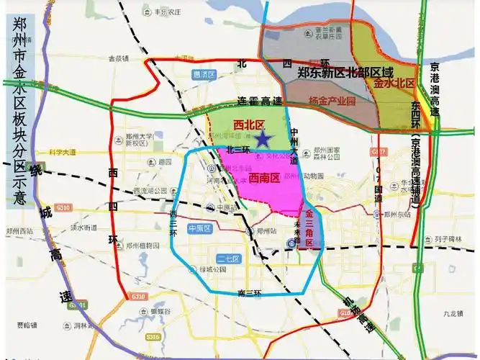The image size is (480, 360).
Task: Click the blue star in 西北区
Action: (x=264, y=138)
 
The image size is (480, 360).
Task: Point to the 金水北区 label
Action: (x=394, y=84)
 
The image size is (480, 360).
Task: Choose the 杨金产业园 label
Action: (x=332, y=102)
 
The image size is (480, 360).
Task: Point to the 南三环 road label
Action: (x=248, y=293)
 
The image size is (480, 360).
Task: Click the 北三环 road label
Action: (x=237, y=150)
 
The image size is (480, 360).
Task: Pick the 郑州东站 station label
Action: (x=397, y=214)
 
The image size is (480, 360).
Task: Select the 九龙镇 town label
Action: (x=454, y=313)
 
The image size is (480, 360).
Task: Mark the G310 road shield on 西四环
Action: (x=138, y=295)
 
